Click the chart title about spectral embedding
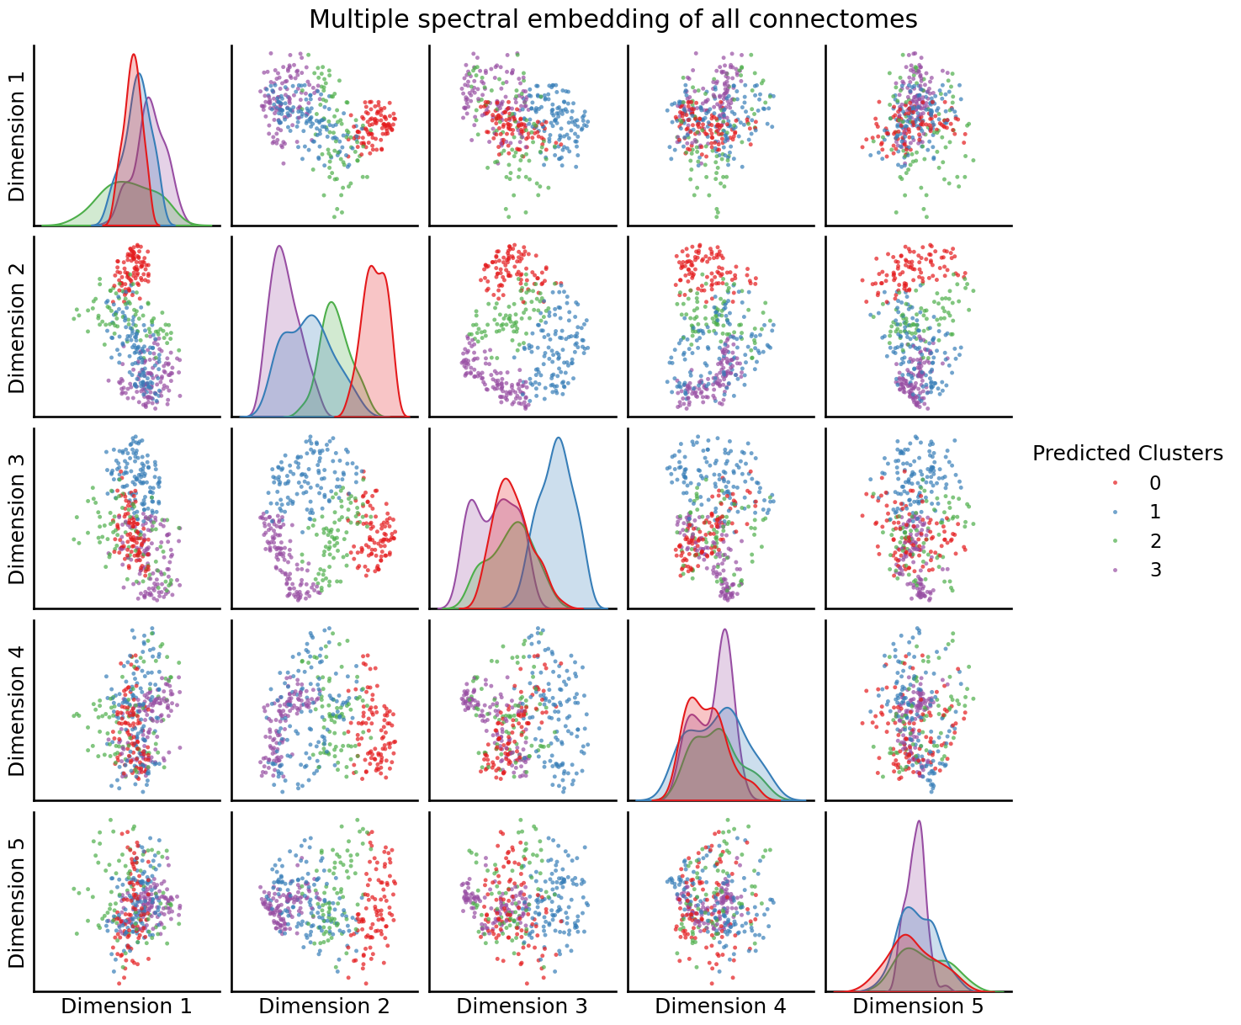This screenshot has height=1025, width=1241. (x=613, y=19)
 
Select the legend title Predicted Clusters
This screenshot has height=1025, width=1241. (x=1127, y=454)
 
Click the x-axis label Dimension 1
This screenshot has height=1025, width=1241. (x=126, y=1006)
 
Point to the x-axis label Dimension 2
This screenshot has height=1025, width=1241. (x=324, y=1006)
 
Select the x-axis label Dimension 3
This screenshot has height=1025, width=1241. (x=522, y=1006)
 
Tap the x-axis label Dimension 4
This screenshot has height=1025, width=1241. (x=720, y=1006)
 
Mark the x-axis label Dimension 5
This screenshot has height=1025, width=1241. (x=918, y=1006)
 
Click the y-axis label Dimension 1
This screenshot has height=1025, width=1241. (x=17, y=135)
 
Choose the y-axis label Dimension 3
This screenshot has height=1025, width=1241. (x=17, y=518)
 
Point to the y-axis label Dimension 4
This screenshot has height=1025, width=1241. (x=17, y=710)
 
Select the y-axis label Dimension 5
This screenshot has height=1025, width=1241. (x=17, y=901)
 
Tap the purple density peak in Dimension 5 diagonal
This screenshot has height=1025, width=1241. (x=919, y=822)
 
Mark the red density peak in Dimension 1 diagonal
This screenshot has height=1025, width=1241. (x=134, y=56)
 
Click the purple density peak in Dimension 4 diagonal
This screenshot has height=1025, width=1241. (x=724, y=630)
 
